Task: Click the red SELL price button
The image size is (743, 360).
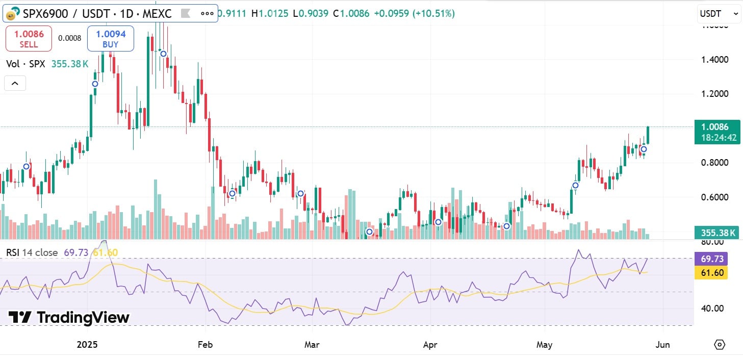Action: click(29, 39)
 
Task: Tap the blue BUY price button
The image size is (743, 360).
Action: click(110, 39)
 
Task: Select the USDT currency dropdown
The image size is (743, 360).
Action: click(719, 14)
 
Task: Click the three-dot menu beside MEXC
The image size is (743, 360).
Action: click(207, 14)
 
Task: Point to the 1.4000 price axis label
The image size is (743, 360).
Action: click(714, 60)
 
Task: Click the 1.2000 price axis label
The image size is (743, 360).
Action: click(714, 94)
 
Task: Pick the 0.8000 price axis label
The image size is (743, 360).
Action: click(714, 163)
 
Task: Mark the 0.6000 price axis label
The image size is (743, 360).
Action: click(714, 197)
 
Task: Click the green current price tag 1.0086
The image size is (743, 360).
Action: click(717, 132)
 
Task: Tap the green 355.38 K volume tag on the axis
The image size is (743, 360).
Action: click(717, 233)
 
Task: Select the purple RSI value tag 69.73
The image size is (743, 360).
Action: click(712, 259)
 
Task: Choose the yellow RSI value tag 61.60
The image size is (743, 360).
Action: click(712, 273)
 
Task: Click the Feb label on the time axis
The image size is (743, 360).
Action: click(205, 345)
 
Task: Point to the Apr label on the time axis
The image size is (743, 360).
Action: click(431, 345)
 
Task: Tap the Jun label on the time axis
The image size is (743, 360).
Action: click(662, 345)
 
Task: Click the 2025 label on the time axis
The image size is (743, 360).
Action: click(87, 345)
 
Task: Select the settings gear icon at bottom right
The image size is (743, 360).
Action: click(720, 345)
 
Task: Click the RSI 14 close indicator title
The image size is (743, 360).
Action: click(33, 252)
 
